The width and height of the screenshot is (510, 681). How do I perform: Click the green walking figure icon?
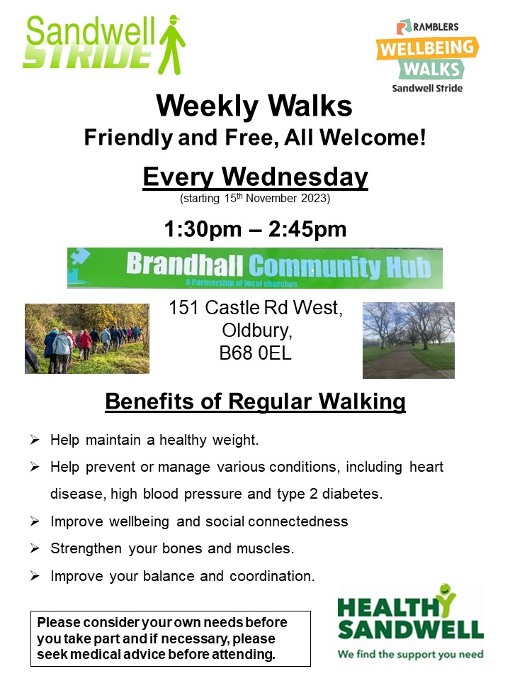[172, 44]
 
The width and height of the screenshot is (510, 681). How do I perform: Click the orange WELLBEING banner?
[427, 48]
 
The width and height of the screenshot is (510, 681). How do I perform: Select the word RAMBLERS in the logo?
[436, 27]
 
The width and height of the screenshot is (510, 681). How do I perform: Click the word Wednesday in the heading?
[295, 177]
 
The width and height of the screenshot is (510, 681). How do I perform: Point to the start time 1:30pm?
[203, 229]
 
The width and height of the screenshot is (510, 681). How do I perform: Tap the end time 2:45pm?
[307, 229]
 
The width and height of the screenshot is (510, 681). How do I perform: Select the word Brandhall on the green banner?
[185, 264]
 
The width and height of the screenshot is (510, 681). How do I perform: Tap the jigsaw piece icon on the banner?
[79, 257]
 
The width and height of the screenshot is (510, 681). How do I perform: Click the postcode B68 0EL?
[256, 353]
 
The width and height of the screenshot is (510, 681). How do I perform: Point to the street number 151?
[183, 307]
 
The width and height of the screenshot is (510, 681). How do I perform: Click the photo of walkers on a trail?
[87, 338]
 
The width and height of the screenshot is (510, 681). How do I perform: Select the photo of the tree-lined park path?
[409, 340]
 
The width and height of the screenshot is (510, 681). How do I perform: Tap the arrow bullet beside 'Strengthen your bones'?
[35, 548]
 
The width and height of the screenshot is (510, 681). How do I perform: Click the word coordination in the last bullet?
[272, 576]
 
